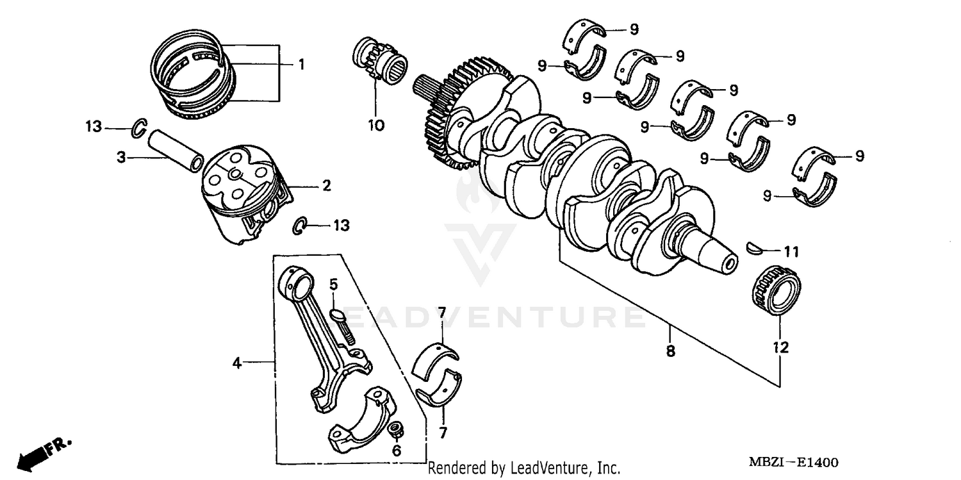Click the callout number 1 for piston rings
300,65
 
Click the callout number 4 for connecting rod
236,363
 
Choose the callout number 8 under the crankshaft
670,351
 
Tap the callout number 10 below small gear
376,125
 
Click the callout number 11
791,252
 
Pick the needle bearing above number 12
775,292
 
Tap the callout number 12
780,347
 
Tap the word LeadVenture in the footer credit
548,468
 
